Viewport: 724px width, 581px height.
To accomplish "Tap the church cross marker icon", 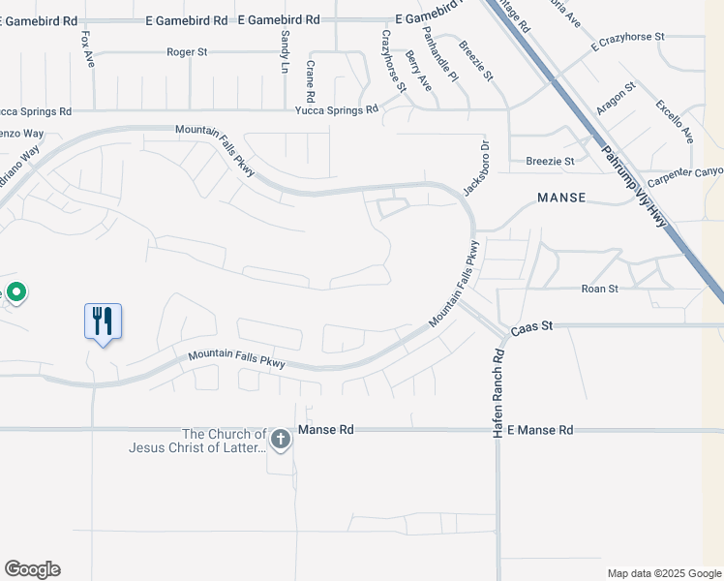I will (281, 441).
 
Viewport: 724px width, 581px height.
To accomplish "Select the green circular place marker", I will (16, 291).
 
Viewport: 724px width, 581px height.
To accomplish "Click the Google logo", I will (32, 569).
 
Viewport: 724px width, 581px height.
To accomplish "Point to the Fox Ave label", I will (88, 48).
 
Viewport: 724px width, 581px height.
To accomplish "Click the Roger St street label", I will (188, 52).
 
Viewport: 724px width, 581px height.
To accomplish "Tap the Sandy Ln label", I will (286, 51).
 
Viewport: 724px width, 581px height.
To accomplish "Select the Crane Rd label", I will (311, 81).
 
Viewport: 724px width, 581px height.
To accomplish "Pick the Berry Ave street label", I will (419, 72).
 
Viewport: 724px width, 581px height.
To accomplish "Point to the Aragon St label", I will (616, 99).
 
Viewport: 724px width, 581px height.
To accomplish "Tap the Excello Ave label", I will (675, 121).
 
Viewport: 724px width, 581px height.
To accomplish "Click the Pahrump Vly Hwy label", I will (635, 184).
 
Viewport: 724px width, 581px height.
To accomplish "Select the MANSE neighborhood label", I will (562, 198).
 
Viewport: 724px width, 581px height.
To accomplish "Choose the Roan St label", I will (598, 289).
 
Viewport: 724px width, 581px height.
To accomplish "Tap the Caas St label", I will (530, 327).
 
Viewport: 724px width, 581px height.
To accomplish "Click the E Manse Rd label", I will (540, 430).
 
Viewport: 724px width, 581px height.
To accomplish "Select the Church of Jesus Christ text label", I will (196, 441).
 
